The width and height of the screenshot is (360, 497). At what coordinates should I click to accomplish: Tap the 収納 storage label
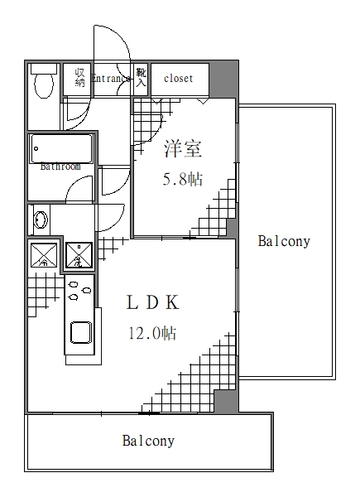(x=79, y=77)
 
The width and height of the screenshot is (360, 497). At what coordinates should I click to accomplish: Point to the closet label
(x=178, y=79)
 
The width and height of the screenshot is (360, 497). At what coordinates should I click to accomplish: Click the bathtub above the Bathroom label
(x=60, y=149)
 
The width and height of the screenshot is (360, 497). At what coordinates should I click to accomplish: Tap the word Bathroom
(x=60, y=166)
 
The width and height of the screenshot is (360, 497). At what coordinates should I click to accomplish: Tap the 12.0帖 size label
(x=151, y=334)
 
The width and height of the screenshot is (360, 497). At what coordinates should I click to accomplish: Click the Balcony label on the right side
(x=284, y=242)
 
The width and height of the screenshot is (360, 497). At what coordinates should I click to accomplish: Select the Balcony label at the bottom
(x=149, y=441)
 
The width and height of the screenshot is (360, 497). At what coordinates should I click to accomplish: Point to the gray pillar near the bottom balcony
(x=224, y=401)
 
